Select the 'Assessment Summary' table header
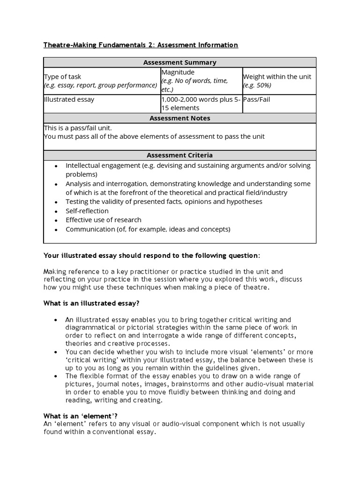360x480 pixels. [x=180, y=62]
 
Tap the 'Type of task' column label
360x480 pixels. [x=62, y=77]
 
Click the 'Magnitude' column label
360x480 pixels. [x=178, y=72]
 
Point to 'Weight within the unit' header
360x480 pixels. [x=277, y=77]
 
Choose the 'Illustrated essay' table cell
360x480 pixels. [x=69, y=99]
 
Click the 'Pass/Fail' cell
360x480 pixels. [x=256, y=99]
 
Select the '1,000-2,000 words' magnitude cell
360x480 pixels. [x=201, y=104]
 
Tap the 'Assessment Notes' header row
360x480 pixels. [x=180, y=118]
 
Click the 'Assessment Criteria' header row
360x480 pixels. [x=180, y=155]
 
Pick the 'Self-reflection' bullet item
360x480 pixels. [x=87, y=211]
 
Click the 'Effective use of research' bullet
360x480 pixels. [x=103, y=220]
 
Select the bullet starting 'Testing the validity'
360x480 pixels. [x=164, y=202]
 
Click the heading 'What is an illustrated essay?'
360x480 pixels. [x=91, y=303]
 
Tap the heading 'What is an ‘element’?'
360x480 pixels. [x=80, y=416]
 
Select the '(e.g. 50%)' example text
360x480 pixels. [x=257, y=85]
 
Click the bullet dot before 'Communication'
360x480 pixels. [x=56, y=230]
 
